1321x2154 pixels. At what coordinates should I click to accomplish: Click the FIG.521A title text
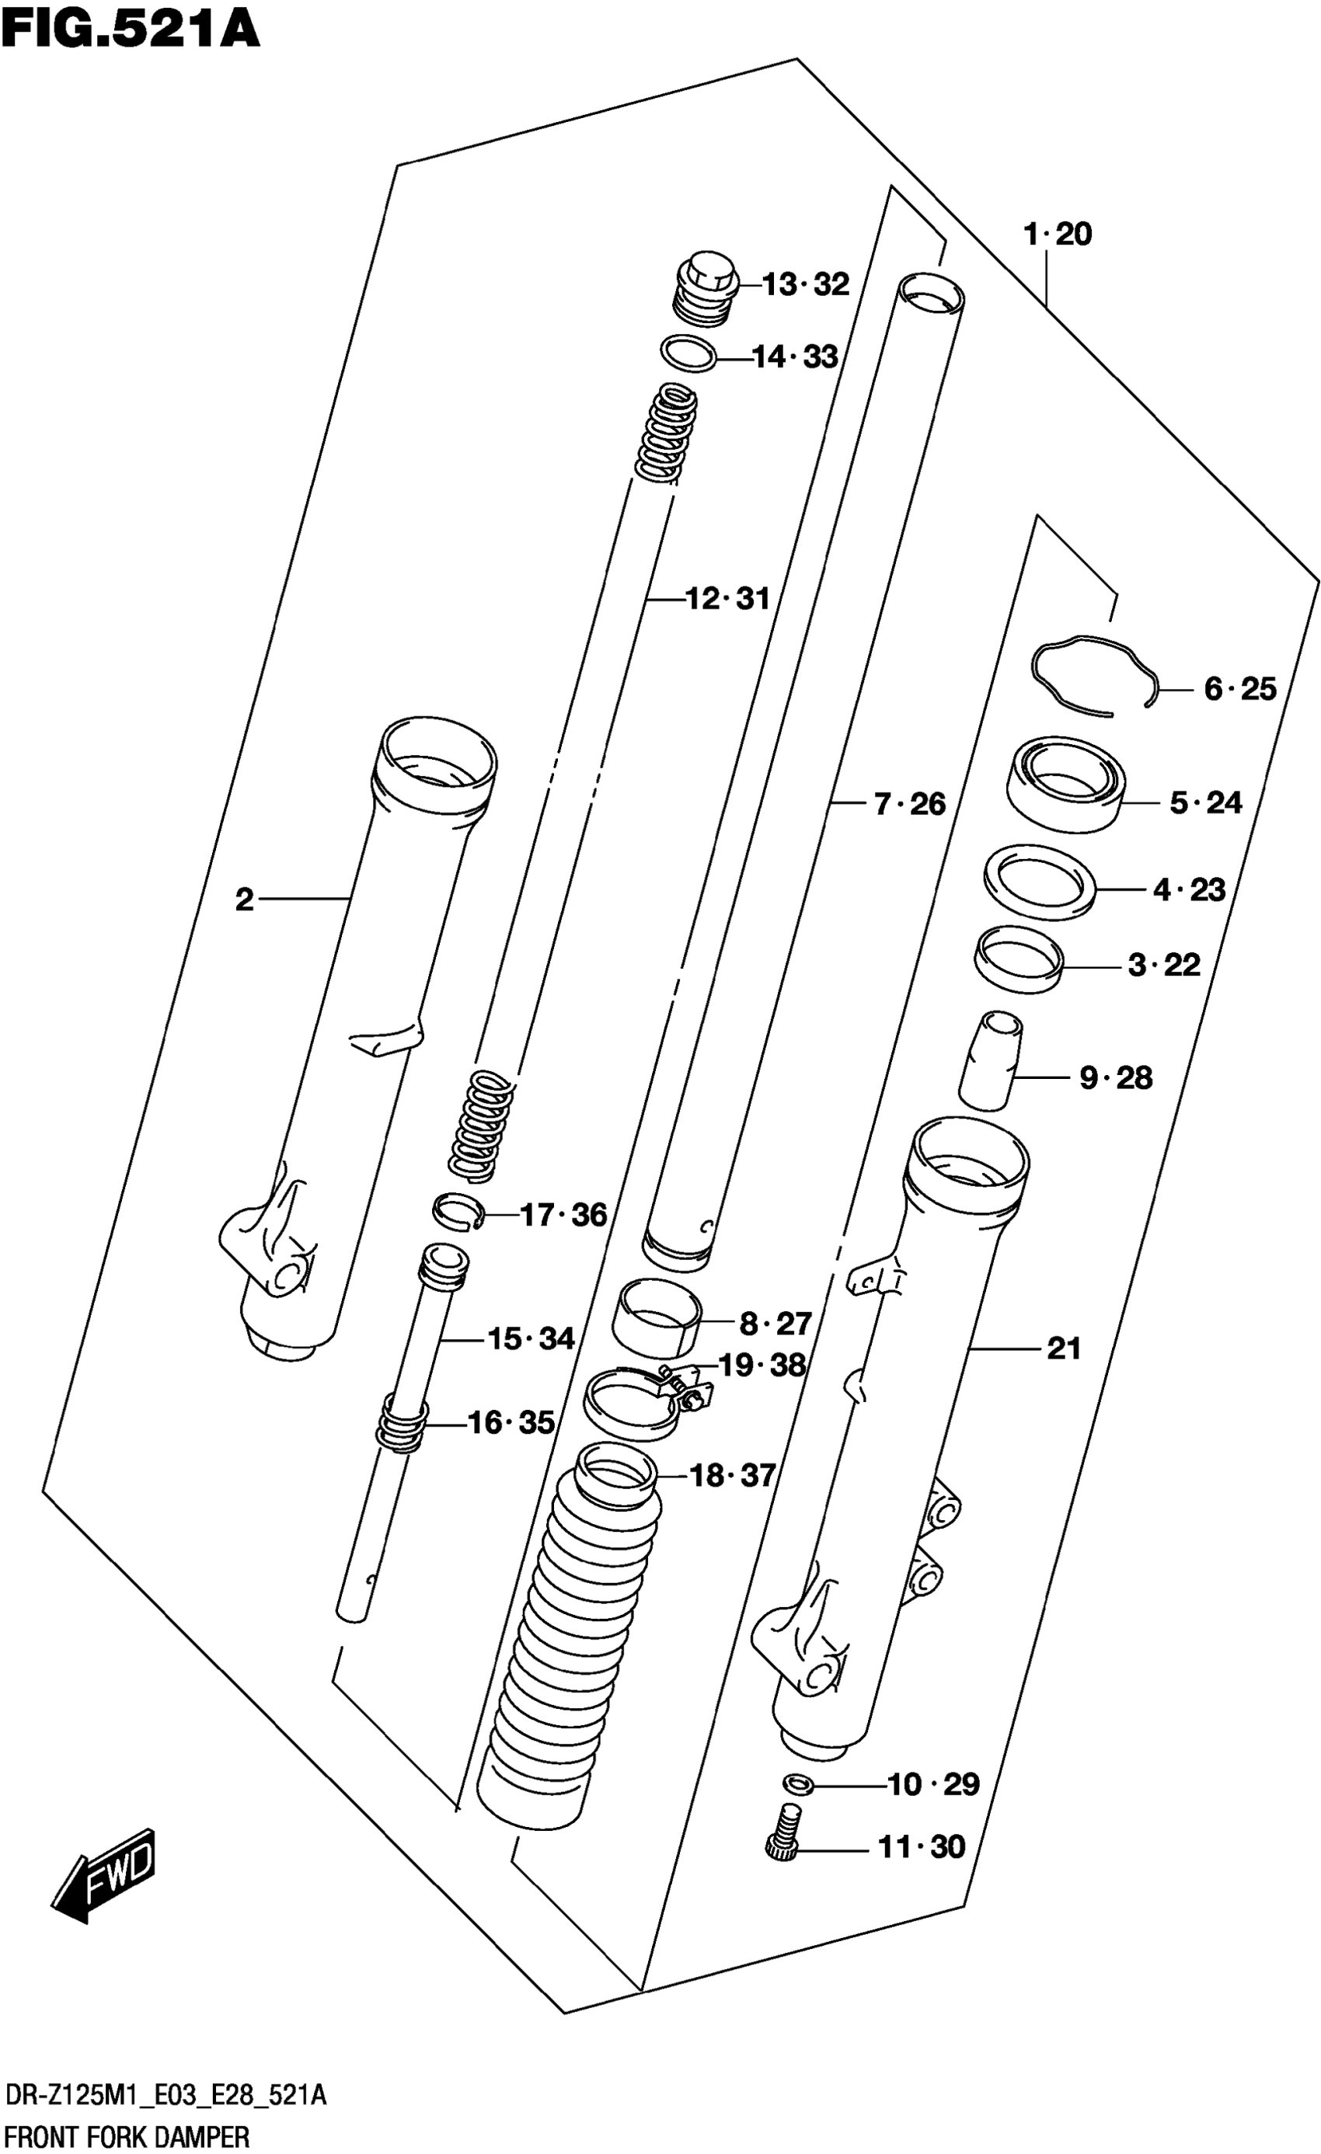tap(131, 28)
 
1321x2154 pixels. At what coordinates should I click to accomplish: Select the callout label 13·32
tap(805, 285)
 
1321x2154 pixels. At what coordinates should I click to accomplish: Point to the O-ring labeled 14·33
tap(688, 353)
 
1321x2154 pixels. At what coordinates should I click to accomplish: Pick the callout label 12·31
tap(727, 600)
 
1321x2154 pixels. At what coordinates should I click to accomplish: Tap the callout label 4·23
tap(1189, 890)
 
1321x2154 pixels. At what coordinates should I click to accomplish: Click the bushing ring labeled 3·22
tap(1019, 959)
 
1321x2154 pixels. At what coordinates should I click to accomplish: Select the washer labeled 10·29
tap(798, 1783)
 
